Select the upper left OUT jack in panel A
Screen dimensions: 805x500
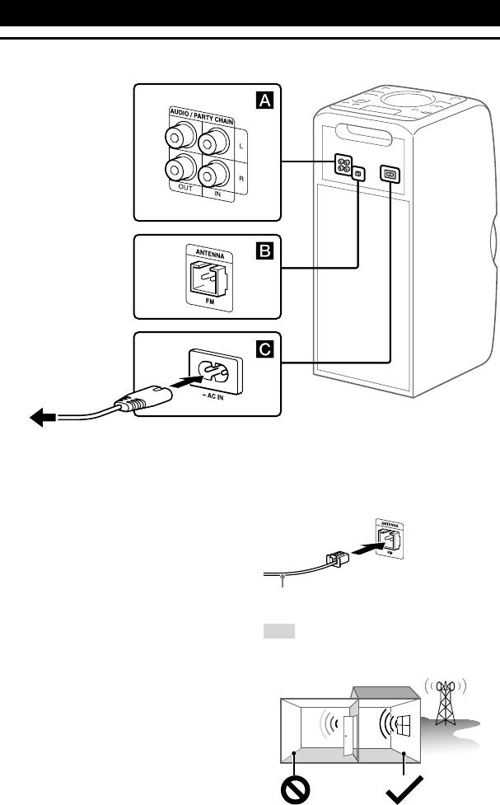[179, 136]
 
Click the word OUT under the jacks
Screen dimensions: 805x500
[179, 196]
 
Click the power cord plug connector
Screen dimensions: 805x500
[139, 402]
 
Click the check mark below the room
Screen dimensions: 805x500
[403, 789]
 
